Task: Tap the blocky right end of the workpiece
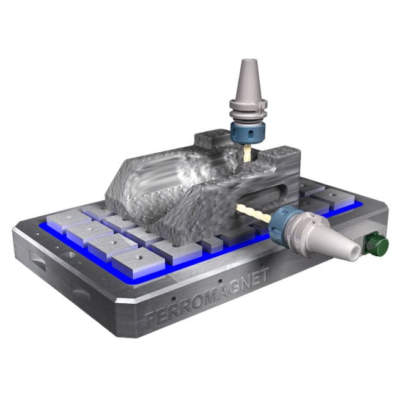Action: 292,160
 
